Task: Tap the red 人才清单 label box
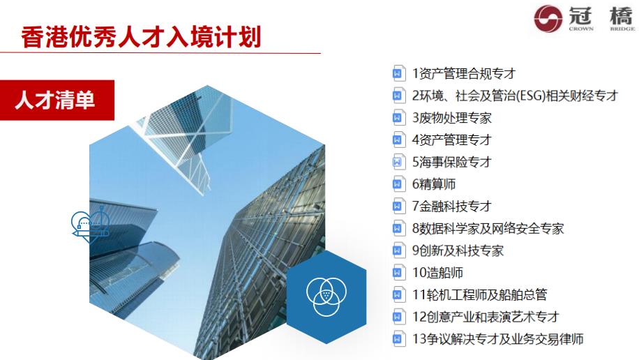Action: pos(55,101)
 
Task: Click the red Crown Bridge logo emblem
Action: pos(547,19)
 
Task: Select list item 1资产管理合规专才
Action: pos(463,73)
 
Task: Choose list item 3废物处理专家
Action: pos(451,118)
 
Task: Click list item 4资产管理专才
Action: pos(451,140)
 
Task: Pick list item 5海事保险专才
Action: pos(451,162)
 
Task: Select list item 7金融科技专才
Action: pos(451,206)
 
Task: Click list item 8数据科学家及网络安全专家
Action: pos(488,228)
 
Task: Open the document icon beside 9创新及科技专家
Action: pos(398,250)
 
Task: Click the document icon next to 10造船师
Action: pos(398,273)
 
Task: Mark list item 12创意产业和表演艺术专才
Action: pos(486,317)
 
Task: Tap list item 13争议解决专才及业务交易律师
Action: pos(497,339)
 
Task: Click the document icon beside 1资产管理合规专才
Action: pos(398,73)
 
